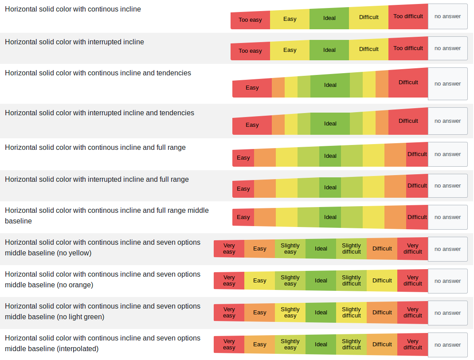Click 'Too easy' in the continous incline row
point(250,20)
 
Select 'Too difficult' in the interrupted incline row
point(408,48)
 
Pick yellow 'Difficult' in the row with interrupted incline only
point(368,49)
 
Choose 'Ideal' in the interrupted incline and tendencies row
point(330,124)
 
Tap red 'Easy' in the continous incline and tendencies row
point(252,88)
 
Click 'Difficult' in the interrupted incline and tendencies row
point(408,121)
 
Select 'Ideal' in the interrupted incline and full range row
point(330,188)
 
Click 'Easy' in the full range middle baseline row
point(243,217)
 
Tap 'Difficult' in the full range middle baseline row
point(417,217)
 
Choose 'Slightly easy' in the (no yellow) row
point(290,249)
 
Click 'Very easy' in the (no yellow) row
point(229,249)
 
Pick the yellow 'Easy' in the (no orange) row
point(259,281)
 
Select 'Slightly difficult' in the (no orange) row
point(351,281)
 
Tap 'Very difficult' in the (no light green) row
point(412,313)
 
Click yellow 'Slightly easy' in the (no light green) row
point(290,313)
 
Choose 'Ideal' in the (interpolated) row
point(321,344)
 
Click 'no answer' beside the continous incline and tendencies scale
point(447,84)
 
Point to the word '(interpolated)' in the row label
point(78,349)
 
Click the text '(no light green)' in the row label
point(81,317)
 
